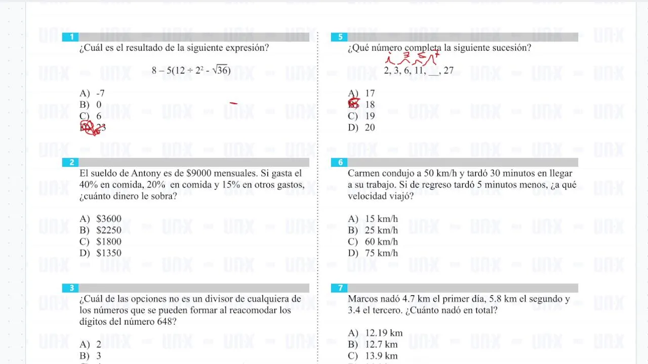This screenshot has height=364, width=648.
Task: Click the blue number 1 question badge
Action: [71, 37]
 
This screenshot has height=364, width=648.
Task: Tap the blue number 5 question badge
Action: [340, 37]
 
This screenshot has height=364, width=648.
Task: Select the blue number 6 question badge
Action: [340, 162]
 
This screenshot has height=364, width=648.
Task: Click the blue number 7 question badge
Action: [340, 288]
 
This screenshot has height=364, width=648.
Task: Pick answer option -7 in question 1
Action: [100, 94]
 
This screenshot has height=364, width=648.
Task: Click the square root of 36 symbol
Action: [221, 70]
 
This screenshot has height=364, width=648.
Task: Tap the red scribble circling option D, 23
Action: [90, 128]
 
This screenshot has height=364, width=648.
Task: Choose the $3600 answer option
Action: [108, 219]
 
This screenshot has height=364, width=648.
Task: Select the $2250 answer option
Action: [108, 231]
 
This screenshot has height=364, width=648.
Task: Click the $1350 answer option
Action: [108, 253]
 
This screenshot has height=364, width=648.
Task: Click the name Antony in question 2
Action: [145, 173]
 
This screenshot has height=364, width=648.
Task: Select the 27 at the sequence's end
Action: [448, 71]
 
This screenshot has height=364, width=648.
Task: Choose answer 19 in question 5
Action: [370, 116]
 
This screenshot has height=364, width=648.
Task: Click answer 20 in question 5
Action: [370, 128]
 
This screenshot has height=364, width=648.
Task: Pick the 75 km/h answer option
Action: [381, 253]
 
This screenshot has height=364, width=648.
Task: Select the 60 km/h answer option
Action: [381, 242]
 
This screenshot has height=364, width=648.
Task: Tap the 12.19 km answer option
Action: [383, 333]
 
